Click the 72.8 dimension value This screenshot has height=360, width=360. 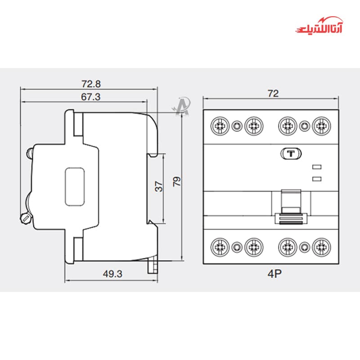coord(91,84)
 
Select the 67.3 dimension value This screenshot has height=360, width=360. coord(91,97)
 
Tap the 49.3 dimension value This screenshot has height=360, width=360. coord(112,274)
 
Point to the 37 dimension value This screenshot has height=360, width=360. coord(159,186)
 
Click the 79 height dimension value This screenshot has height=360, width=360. coord(177,181)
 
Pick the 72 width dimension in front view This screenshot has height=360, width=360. coord(273,94)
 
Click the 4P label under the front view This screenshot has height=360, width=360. coord(274,274)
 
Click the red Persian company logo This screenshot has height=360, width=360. coord(319,25)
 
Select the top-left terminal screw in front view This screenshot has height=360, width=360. coord(220,126)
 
